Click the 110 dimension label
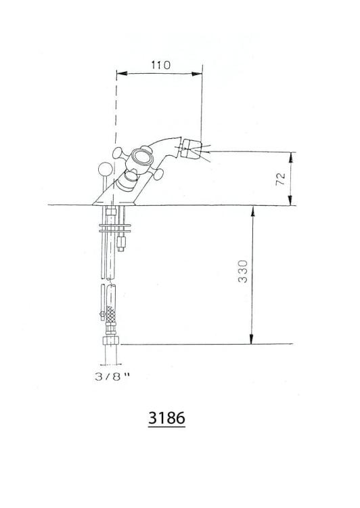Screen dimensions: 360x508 (x=160, y=65)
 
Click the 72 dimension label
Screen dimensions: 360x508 (x=281, y=179)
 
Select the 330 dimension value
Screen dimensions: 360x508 (x=243, y=271)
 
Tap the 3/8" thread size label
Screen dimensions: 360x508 (x=112, y=377)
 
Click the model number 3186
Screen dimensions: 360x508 (x=166, y=418)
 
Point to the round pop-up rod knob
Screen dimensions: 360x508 (x=106, y=169)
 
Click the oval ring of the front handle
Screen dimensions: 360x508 (x=142, y=157)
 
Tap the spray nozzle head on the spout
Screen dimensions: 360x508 (x=191, y=149)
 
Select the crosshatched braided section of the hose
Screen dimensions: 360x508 (x=111, y=314)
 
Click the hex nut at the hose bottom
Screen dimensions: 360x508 (x=111, y=341)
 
